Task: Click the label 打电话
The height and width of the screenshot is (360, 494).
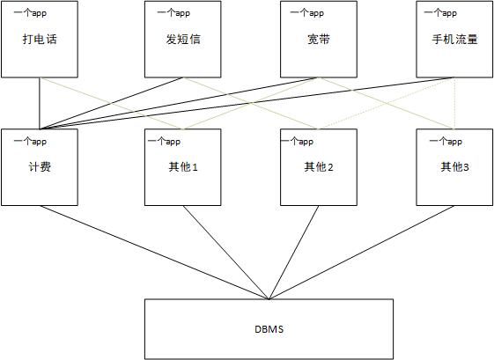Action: click(40, 39)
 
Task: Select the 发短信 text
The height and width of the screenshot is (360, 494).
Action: click(183, 39)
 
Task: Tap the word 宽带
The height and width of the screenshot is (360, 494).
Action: click(319, 39)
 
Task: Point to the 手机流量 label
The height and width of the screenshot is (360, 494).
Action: click(454, 39)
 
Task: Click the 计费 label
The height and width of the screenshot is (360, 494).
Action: click(40, 166)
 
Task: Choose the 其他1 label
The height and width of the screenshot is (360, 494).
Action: click(183, 166)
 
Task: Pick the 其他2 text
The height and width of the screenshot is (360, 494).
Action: click(319, 166)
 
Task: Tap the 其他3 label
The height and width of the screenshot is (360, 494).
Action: click(454, 166)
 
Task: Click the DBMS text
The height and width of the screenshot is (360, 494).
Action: click(269, 329)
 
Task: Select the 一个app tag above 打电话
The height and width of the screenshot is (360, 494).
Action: click(30, 13)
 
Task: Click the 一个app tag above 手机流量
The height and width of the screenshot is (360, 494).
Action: click(440, 13)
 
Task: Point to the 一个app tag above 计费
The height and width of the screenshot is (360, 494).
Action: click(30, 142)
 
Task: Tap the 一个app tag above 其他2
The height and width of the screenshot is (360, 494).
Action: click(297, 142)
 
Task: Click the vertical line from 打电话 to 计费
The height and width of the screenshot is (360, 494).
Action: click(40, 103)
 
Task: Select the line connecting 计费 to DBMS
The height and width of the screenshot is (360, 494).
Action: click(155, 253)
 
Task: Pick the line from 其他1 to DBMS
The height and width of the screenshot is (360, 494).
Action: click(226, 253)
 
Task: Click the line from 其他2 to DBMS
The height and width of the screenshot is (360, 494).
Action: click(294, 253)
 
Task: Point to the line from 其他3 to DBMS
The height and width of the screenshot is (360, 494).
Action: click(362, 253)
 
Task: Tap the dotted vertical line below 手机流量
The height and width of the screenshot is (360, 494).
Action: click(454, 103)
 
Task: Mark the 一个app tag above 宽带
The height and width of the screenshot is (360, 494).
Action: click(307, 13)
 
